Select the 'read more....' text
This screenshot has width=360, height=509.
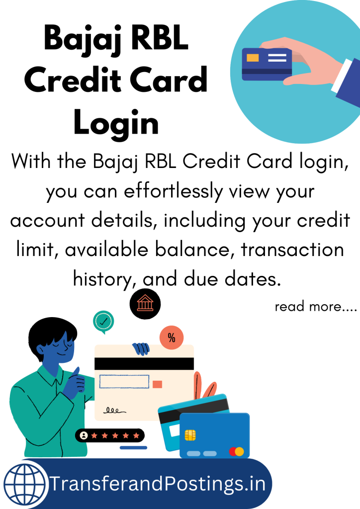click(316, 306)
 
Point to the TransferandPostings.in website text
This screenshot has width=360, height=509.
click(159, 483)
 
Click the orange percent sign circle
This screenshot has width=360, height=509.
click(172, 338)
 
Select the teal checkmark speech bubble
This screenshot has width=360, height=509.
click(103, 322)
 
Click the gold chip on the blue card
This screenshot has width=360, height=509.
click(190, 435)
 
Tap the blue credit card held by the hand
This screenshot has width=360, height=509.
click(267, 64)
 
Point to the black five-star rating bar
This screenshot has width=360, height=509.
click(110, 435)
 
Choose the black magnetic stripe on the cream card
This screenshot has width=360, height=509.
click(144, 363)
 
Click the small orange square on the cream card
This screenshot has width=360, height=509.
click(157, 384)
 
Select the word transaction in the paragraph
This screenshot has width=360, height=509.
click(292, 249)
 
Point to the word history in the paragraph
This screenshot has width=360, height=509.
click(101, 278)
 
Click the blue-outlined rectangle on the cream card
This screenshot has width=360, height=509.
click(124, 382)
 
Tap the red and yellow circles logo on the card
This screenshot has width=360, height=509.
click(236, 451)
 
